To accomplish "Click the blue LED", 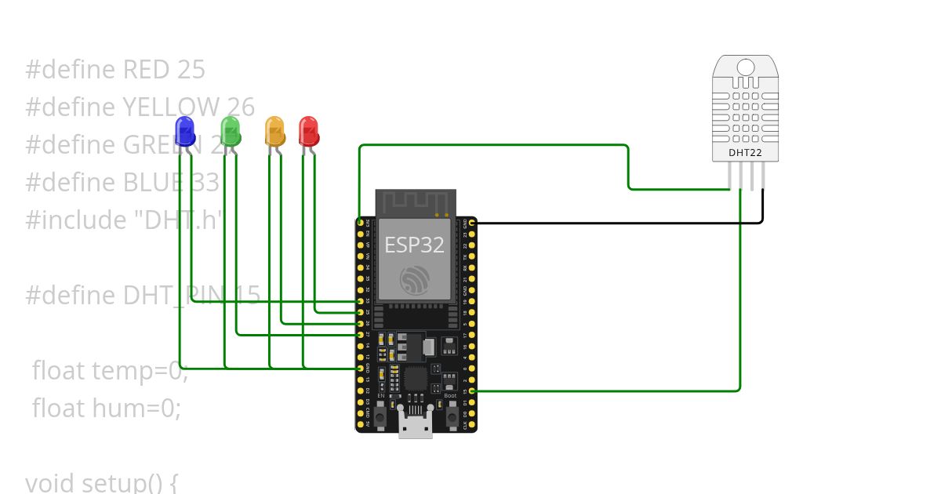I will tap(184, 131).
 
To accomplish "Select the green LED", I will tap(230, 131).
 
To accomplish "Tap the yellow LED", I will tap(274, 131).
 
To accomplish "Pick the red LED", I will tap(308, 131).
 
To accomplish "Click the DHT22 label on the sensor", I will tap(745, 152).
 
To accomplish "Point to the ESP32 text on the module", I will tap(414, 245).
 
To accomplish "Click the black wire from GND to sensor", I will tap(619, 223).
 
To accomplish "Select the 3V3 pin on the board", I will tap(360, 223).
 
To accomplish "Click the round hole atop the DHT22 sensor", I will tap(745, 67).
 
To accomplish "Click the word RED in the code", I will tap(147, 70).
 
